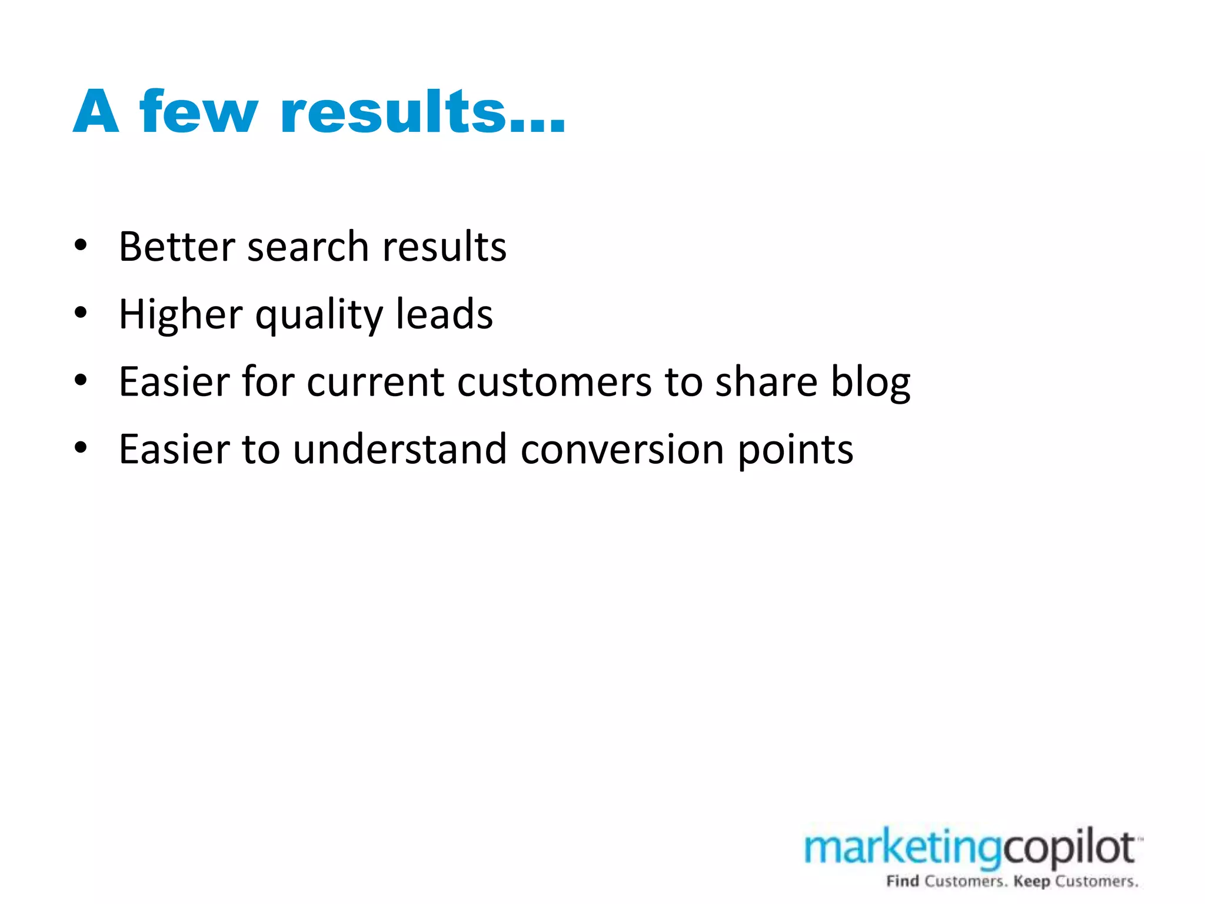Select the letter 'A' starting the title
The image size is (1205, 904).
[x=96, y=112]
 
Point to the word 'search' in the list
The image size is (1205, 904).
[x=308, y=247]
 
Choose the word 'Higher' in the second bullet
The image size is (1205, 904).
[x=180, y=315]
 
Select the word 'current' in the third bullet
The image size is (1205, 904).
[x=375, y=382]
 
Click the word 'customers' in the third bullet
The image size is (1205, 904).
[x=554, y=382]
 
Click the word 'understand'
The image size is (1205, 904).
[x=400, y=449]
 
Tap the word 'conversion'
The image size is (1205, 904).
[x=622, y=450]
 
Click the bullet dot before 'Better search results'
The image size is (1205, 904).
[x=81, y=245]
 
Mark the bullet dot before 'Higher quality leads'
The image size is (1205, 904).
[x=81, y=313]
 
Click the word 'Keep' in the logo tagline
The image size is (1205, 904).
[x=1031, y=881]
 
